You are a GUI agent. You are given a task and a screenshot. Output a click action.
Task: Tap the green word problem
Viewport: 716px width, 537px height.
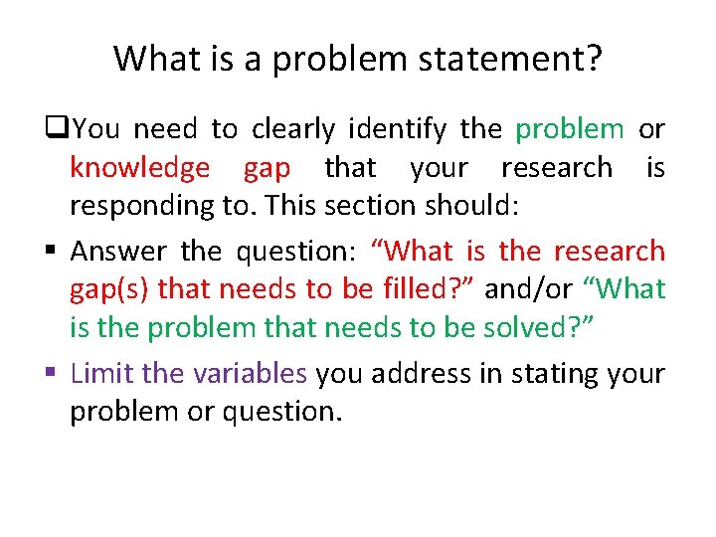[570, 129]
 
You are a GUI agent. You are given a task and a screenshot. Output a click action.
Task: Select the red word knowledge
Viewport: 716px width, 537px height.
[139, 168]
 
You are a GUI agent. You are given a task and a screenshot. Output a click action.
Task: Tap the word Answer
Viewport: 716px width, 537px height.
[120, 251]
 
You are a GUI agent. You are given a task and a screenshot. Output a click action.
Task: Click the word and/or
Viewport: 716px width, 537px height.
[528, 290]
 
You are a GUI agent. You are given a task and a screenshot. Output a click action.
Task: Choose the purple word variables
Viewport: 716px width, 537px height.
[251, 374]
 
